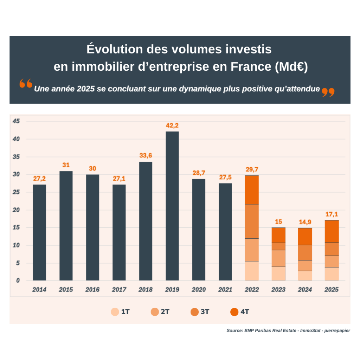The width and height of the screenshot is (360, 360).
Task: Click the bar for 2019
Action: coord(172,206)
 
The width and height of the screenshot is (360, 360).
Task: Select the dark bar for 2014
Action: coord(39,232)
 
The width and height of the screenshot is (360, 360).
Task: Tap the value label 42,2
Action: coord(172,125)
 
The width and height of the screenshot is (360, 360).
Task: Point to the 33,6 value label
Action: coord(146,156)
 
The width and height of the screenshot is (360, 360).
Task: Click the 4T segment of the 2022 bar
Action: coord(252,190)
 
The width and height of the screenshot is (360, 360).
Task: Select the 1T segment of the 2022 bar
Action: coord(252,271)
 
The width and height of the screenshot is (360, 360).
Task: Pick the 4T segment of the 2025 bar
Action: coord(332,231)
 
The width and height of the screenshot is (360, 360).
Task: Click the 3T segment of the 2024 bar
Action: coord(305,252)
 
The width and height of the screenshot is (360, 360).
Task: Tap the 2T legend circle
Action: coord(155,312)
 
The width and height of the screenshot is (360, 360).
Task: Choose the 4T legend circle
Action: coord(234,312)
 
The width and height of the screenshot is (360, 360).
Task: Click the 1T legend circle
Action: coord(115,312)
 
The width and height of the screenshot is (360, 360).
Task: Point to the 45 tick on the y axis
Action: coord(16,121)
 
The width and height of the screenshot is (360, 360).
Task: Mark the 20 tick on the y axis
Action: coord(16,210)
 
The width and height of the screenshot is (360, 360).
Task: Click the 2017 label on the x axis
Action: coord(119,290)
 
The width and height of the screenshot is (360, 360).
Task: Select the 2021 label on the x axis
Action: coord(225,290)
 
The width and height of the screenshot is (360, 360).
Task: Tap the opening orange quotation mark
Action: coord(26,84)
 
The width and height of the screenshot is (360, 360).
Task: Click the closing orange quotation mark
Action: coord(328,92)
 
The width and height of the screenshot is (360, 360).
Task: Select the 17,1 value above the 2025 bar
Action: coord(332,214)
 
